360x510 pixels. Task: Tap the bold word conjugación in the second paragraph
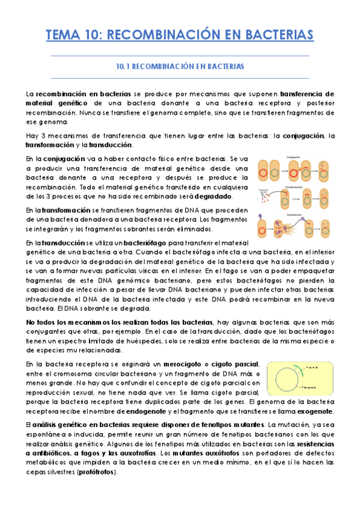coord(299,135)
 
